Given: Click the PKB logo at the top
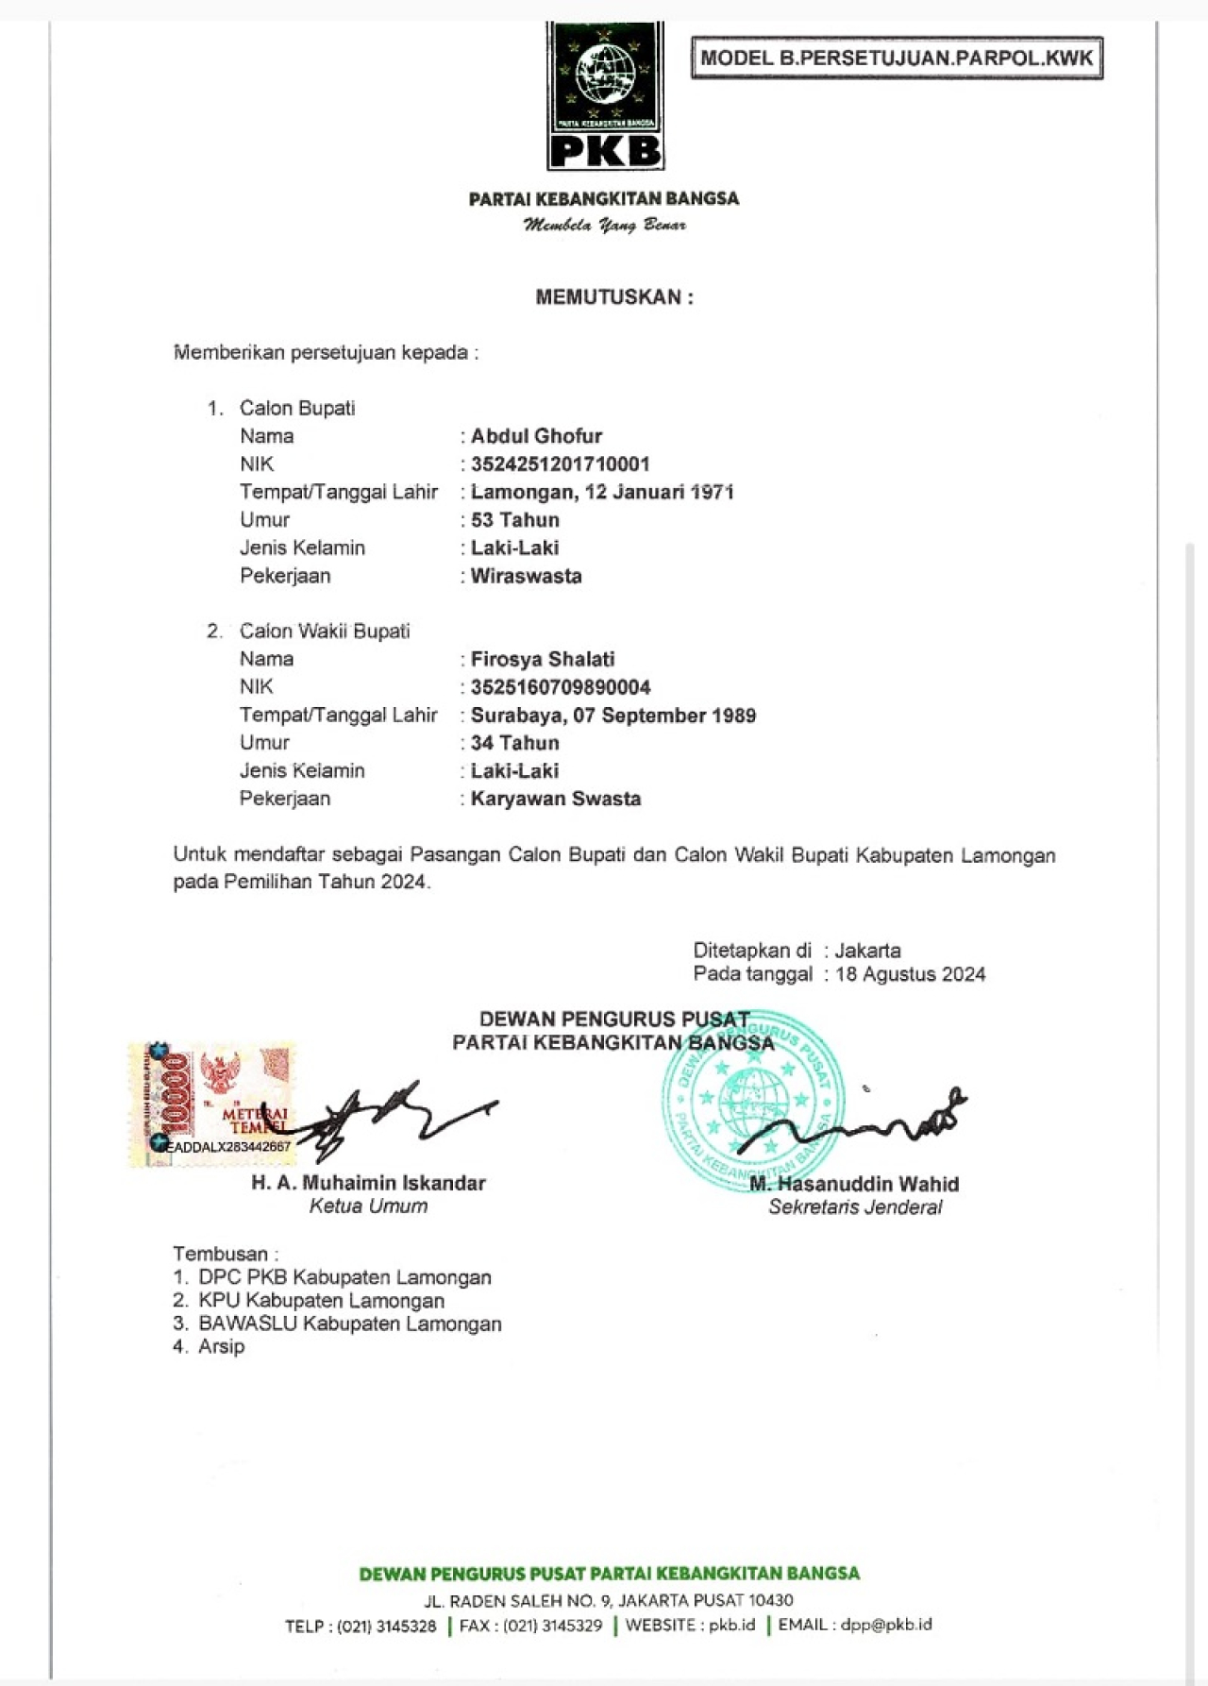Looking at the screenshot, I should [x=605, y=97].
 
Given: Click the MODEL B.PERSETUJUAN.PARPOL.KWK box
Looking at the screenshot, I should [x=897, y=59].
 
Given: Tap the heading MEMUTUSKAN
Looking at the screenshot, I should [x=614, y=297].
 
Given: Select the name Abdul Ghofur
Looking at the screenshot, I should [x=536, y=436].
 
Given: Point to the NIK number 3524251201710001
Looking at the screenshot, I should [x=561, y=464].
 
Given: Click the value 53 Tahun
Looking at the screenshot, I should [x=515, y=520].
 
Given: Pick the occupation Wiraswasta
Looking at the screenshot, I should [x=526, y=576].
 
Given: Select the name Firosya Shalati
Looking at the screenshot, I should [x=543, y=659].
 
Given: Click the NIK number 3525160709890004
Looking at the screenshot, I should [x=561, y=687].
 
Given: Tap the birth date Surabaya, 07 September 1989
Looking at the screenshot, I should [x=613, y=716].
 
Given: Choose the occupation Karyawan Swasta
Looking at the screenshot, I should [x=556, y=799].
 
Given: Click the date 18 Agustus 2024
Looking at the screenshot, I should [x=910, y=974].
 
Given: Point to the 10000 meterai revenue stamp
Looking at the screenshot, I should [x=211, y=1104].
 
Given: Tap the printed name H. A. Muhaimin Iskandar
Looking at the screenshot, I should [x=368, y=1183].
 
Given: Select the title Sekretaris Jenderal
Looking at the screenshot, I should [x=855, y=1207].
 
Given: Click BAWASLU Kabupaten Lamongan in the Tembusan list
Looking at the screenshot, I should [x=349, y=1324].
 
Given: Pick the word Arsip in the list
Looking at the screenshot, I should [x=222, y=1347].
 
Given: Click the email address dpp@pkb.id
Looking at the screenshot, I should [x=885, y=1625].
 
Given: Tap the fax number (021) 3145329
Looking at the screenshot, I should [x=552, y=1626].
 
